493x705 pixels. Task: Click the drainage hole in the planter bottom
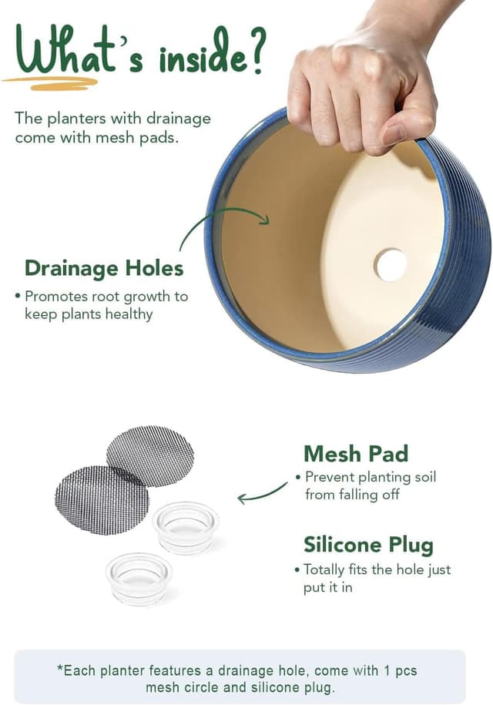pyautogui.click(x=391, y=265)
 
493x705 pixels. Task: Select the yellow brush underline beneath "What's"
pyautogui.click(x=50, y=83)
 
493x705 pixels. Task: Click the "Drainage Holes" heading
pyautogui.click(x=104, y=268)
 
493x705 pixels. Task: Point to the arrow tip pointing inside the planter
pyautogui.click(x=268, y=220)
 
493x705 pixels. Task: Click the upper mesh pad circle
pyautogui.click(x=150, y=456)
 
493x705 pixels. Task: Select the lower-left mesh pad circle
pyautogui.click(x=102, y=500)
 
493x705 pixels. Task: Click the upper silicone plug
pyautogui.click(x=186, y=527)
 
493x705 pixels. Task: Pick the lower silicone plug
pyautogui.click(x=139, y=578)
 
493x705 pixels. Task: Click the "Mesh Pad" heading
pyautogui.click(x=356, y=454)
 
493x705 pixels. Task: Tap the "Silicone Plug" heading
pyautogui.click(x=368, y=545)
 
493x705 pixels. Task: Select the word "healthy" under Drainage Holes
pyautogui.click(x=129, y=314)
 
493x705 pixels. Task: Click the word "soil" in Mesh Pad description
pyautogui.click(x=424, y=477)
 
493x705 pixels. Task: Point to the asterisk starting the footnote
pyautogui.click(x=60, y=668)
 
